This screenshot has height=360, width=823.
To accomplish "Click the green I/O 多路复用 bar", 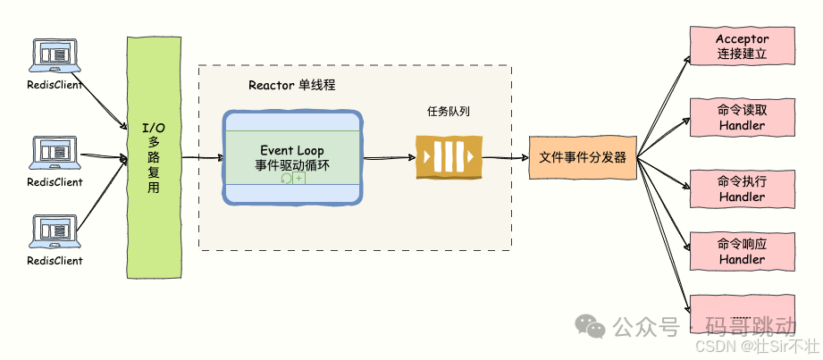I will click(154, 158).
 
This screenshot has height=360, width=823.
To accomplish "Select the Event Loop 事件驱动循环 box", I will click(292, 158).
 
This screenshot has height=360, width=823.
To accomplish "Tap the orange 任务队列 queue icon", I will click(449, 158).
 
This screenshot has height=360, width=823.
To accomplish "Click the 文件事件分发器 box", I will click(582, 158).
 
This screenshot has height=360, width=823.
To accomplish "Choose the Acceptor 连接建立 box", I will click(742, 46).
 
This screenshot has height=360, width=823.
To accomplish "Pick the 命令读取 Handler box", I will click(742, 118).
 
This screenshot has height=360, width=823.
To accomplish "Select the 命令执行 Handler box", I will click(742, 188).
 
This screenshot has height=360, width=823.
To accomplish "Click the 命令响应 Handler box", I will click(742, 251).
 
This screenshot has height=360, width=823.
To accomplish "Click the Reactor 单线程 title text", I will click(298, 86).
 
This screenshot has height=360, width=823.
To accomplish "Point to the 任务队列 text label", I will click(449, 113).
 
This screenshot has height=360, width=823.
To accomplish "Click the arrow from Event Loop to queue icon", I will click(390, 158).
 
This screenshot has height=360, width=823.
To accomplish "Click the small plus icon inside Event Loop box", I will click(299, 179).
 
